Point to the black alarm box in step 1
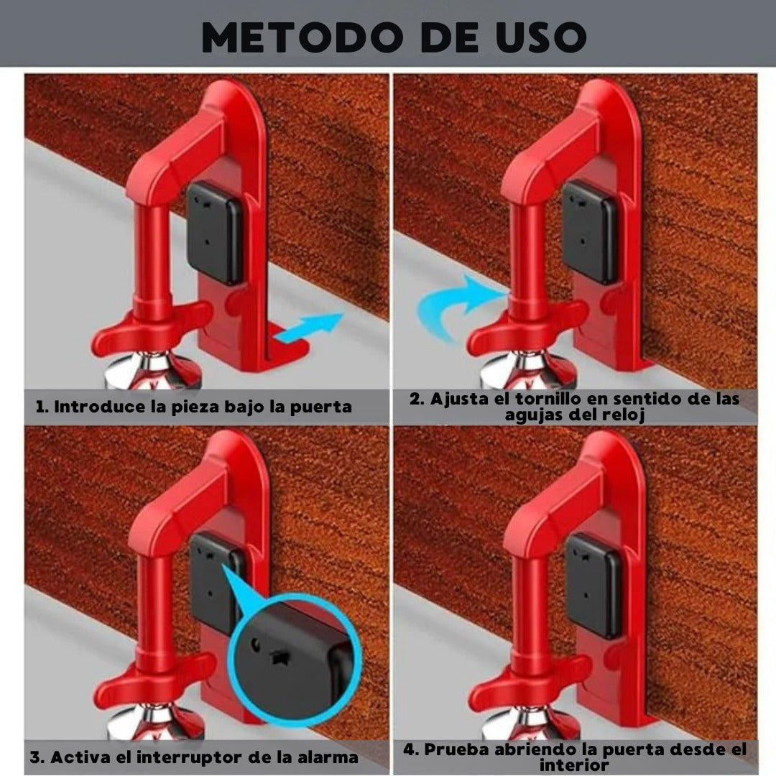tap(215, 231)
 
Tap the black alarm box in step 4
tap(593, 586)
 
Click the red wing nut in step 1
tap(154, 327)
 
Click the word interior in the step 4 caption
tap(574, 765)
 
